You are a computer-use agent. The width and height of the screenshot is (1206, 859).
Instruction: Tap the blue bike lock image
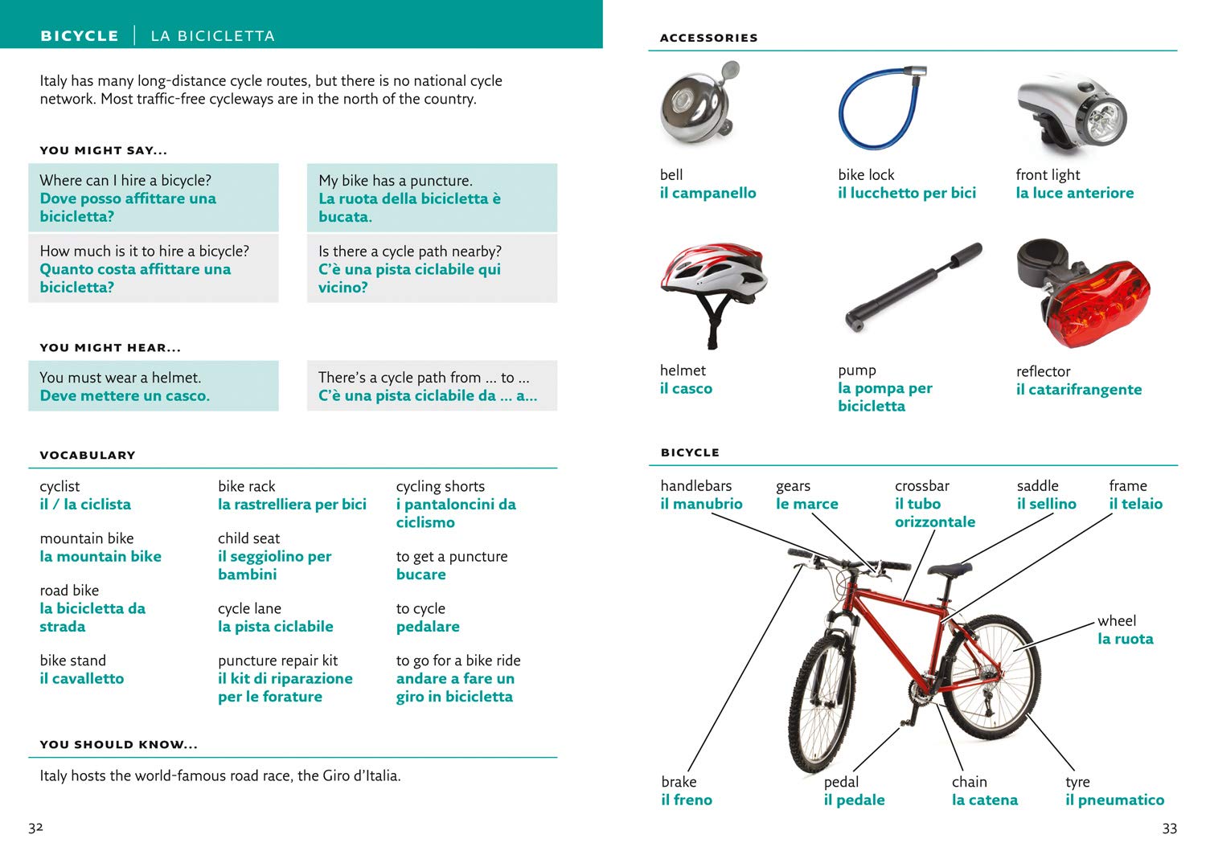pos(879,108)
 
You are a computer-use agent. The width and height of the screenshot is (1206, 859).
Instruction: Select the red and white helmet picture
pos(712,289)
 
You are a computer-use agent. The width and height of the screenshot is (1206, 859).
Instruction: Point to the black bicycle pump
pos(913,288)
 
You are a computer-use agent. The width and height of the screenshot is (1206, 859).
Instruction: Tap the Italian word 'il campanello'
pos(708,193)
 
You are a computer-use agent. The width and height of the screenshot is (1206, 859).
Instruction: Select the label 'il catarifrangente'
pos(1078,390)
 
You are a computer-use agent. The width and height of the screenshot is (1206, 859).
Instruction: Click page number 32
pos(35,828)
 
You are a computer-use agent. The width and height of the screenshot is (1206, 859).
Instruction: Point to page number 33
pos(1170,828)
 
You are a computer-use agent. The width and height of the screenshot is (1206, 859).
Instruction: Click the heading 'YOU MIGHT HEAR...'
pos(110,348)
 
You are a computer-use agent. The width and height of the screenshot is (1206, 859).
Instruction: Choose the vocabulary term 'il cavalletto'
pos(82,679)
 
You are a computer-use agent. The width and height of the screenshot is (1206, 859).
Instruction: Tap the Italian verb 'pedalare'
pos(428,627)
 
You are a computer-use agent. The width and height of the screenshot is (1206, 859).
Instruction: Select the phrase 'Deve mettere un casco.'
pos(125,396)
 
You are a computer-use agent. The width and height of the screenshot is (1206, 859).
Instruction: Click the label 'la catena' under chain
pos(984,800)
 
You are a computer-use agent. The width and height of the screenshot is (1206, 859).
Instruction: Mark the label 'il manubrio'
pos(701,504)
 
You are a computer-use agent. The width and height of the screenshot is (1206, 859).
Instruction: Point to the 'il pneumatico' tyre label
pos(1114,800)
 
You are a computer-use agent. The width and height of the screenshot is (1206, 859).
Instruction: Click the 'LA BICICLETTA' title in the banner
pos(212,36)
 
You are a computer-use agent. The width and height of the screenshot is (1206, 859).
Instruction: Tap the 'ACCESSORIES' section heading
pos(708,38)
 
